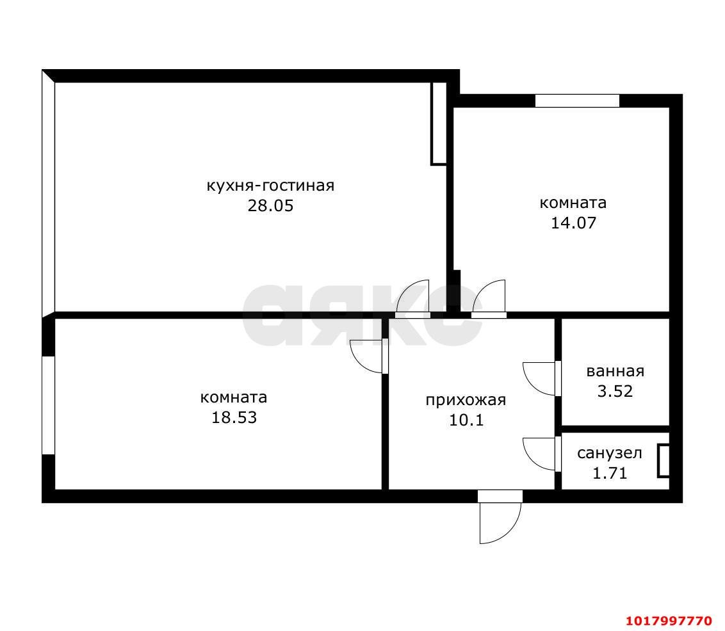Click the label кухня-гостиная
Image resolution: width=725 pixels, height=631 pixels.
(270, 186)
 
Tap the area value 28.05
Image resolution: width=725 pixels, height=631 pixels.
(270, 205)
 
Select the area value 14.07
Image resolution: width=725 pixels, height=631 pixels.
(573, 223)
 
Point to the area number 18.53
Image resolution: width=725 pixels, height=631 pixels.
(234, 418)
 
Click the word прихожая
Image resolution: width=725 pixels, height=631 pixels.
(466, 400)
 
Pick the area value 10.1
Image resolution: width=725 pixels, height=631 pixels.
(466, 420)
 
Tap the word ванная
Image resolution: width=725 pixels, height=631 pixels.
(615, 371)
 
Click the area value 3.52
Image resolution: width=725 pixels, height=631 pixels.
(615, 391)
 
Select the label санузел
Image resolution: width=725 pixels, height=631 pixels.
(610, 453)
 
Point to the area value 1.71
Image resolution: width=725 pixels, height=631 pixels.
(610, 473)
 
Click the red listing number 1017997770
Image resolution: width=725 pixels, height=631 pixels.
(669, 620)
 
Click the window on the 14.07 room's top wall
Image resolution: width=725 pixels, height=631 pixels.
(577, 100)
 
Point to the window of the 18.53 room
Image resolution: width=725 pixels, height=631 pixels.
(49, 405)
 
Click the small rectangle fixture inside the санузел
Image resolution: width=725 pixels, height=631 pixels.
(664, 461)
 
